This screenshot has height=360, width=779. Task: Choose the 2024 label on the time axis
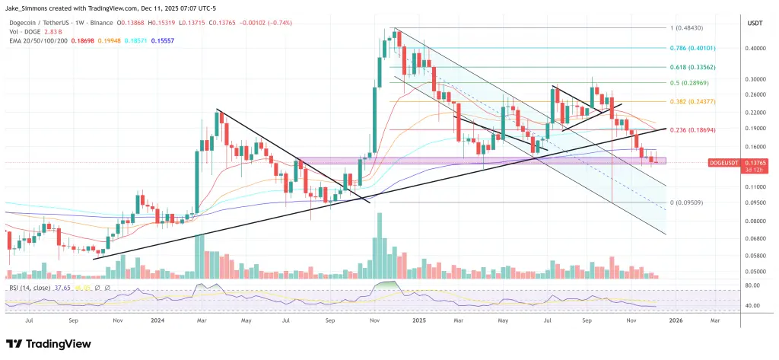click(158, 321)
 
